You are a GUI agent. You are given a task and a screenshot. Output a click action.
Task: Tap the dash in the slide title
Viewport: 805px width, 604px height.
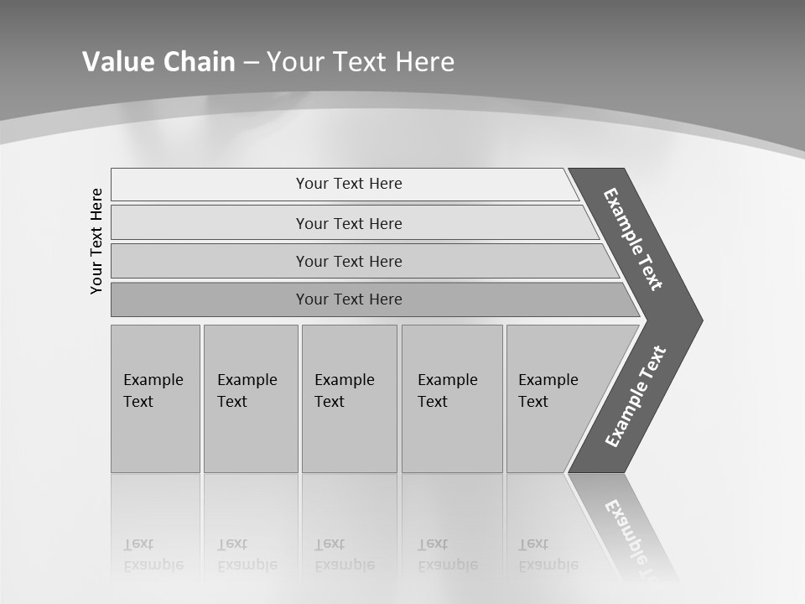point(251,63)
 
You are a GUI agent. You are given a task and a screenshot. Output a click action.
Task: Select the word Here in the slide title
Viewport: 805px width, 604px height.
point(424,62)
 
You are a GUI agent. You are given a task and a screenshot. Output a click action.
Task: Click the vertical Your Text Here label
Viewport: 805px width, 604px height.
point(96,241)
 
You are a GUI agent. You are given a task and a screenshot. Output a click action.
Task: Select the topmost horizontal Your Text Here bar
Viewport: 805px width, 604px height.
point(349,184)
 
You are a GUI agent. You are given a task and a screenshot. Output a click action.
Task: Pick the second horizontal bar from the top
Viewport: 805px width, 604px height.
point(349,223)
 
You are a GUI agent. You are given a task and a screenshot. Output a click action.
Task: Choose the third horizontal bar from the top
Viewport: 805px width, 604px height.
point(349,261)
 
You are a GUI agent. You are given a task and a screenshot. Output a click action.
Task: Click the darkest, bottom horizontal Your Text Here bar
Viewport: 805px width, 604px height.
point(349,299)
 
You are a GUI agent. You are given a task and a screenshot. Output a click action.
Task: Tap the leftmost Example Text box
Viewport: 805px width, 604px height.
point(155,398)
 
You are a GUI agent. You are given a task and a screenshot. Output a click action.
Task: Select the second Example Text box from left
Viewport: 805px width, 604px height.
point(250,398)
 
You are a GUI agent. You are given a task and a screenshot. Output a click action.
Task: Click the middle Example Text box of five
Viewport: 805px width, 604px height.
point(349,398)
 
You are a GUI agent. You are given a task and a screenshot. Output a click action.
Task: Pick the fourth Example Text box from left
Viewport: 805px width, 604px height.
point(452,398)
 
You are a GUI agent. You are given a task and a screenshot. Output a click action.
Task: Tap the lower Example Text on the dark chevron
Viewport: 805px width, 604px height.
point(636,396)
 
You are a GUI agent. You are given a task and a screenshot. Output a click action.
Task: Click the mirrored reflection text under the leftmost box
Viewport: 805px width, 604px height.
point(153,555)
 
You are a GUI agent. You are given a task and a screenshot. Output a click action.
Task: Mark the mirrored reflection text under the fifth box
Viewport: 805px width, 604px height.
point(548,555)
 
